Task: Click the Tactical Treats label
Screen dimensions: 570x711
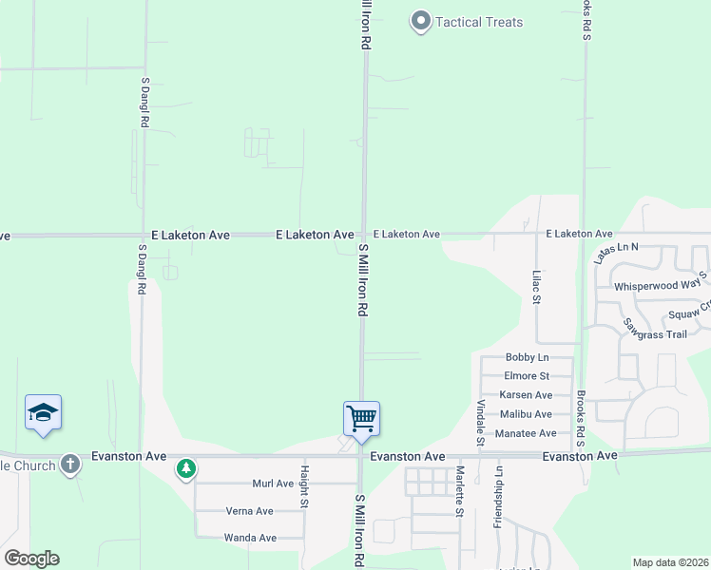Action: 479,22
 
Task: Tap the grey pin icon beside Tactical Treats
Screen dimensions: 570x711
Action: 420,21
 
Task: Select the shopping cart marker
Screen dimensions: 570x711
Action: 361,417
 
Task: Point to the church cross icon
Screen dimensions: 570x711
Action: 69,465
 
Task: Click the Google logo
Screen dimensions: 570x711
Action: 31,559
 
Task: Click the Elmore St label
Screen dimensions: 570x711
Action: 527,376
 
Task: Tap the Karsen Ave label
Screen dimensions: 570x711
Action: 526,395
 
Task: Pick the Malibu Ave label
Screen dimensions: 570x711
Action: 526,414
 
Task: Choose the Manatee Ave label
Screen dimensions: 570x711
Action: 527,433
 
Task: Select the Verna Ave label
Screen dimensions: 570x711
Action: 250,511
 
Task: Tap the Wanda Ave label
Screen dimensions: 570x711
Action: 250,538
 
